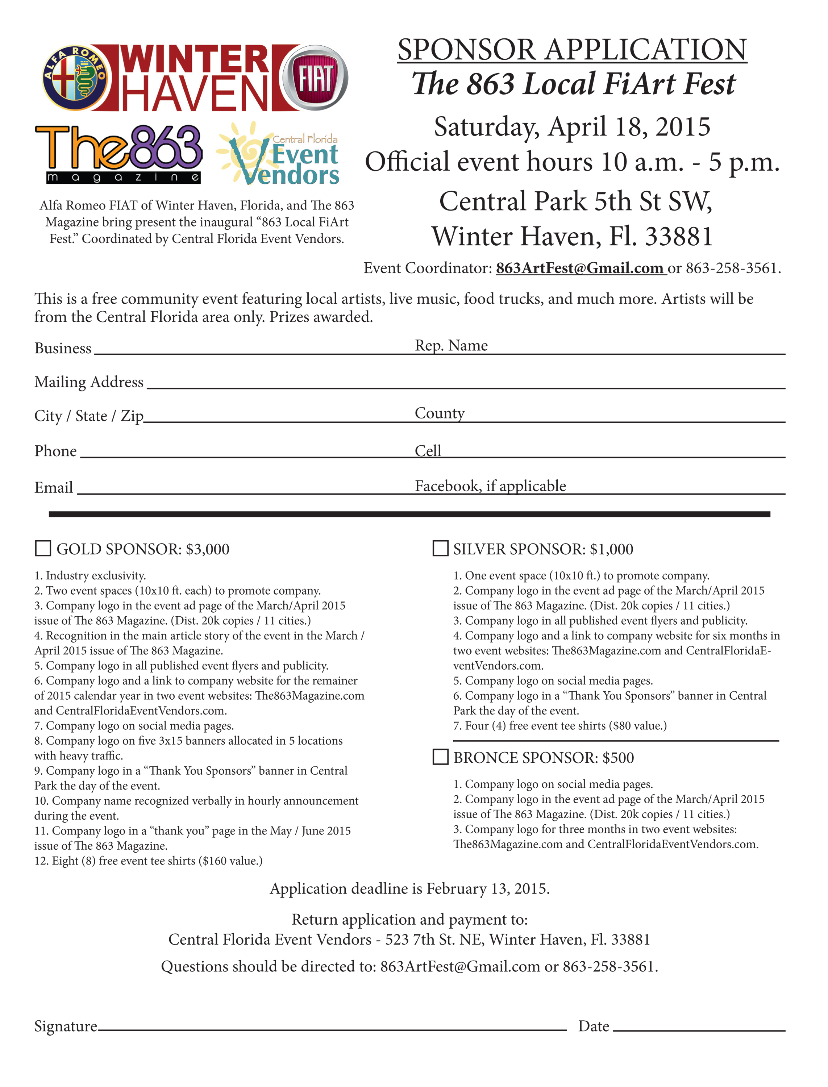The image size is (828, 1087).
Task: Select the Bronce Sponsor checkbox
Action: (440, 757)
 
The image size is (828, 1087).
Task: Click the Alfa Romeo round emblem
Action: (74, 78)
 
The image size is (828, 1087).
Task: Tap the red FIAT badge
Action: (315, 78)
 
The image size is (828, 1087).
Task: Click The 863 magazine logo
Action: (118, 154)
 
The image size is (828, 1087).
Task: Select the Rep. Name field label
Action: (451, 345)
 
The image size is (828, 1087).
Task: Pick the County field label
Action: (440, 413)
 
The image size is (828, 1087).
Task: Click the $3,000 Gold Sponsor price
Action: (208, 549)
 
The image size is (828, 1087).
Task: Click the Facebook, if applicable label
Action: (490, 486)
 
